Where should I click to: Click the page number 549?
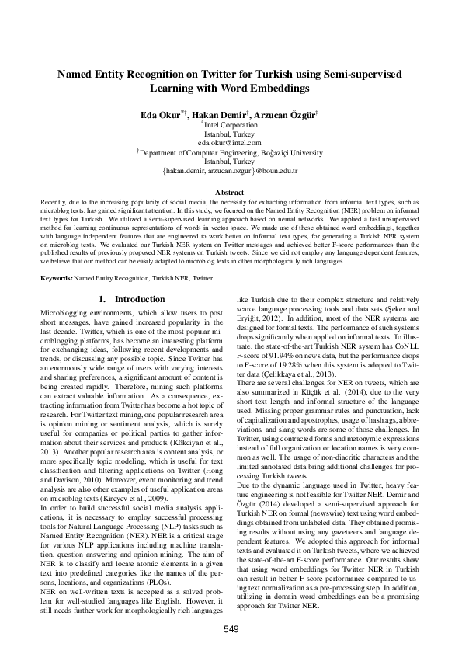(x=231, y=628)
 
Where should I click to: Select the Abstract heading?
(x=231, y=192)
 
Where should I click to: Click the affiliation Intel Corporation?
(x=231, y=125)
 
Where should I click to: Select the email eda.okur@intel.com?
(x=231, y=143)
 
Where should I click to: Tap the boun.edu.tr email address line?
(x=231, y=170)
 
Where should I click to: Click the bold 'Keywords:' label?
(x=57, y=277)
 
